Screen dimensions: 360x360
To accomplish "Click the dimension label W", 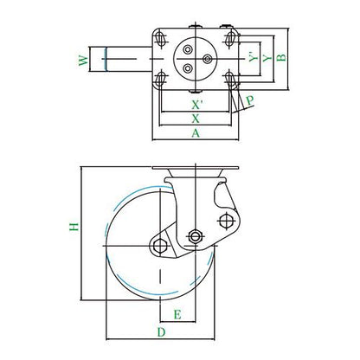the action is pyautogui.click(x=83, y=60).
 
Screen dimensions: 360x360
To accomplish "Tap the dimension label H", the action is pyautogui.click(x=74, y=227).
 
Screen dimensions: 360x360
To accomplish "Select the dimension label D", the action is pyautogui.click(x=161, y=332).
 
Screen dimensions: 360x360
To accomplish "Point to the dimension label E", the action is pyautogui.click(x=177, y=314).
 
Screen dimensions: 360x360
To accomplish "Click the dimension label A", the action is pyautogui.click(x=196, y=133).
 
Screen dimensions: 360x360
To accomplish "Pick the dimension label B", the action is pyautogui.click(x=281, y=57).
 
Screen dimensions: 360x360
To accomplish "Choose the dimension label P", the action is pyautogui.click(x=250, y=100).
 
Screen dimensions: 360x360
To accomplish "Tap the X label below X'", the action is pyautogui.click(x=196, y=119).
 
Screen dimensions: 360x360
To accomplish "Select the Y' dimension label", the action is pyautogui.click(x=254, y=57).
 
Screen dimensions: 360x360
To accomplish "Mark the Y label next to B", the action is pyautogui.click(x=267, y=58).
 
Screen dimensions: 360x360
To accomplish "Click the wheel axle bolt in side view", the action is pyautogui.click(x=160, y=246).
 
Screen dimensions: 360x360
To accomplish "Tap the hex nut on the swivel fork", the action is pyautogui.click(x=196, y=236).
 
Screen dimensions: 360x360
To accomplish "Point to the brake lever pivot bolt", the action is pyautogui.click(x=226, y=221).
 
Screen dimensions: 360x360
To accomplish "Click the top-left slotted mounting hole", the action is pyautogui.click(x=160, y=38).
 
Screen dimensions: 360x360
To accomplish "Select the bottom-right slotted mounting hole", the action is pyautogui.click(x=230, y=79).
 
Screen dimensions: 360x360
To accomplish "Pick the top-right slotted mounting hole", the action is pyautogui.click(x=230, y=38).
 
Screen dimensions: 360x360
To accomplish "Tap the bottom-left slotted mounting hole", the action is pyautogui.click(x=160, y=79).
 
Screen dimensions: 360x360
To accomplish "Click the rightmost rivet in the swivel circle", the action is pyautogui.click(x=207, y=59).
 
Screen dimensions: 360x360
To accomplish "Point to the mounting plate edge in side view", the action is pyautogui.click(x=196, y=168).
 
